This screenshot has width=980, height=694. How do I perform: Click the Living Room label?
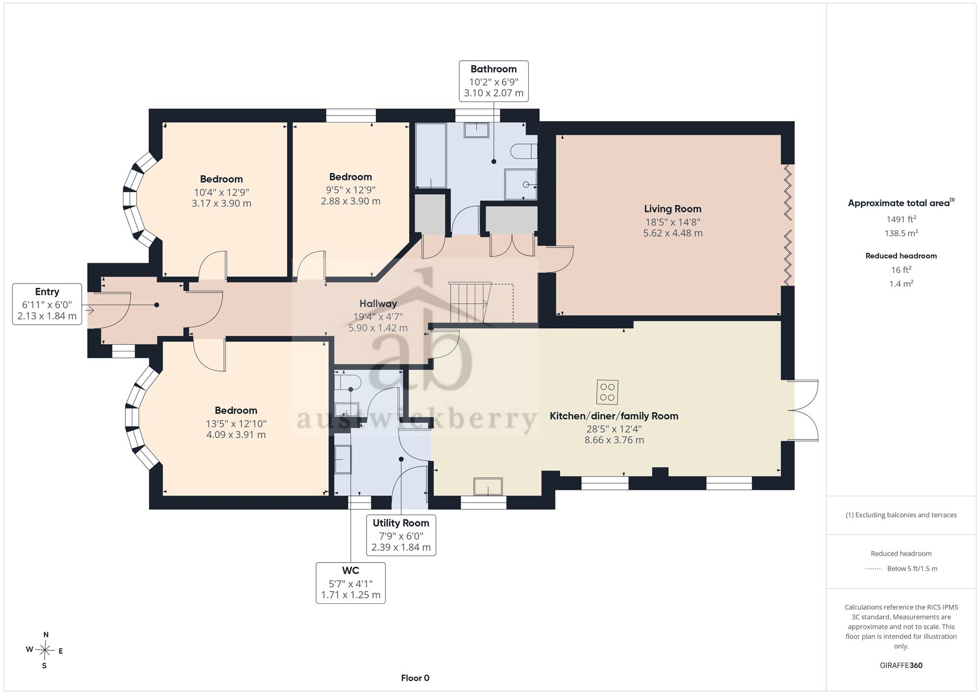coord(672,209)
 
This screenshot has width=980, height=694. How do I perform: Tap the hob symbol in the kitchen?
coord(607,392)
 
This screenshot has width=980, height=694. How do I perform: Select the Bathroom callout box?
coord(493,81)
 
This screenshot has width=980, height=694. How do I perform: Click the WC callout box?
coord(350,583)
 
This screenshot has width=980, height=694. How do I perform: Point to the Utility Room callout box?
coord(401,535)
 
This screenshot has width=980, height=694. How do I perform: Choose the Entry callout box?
coord(47,304)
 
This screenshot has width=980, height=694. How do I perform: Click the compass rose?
coord(45,650)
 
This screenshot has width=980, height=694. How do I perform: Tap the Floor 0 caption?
coord(415,678)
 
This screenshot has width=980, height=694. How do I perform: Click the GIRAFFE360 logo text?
coord(901,666)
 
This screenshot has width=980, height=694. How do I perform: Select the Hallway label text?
coord(378,304)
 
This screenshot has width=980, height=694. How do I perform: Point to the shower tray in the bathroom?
coord(521,184)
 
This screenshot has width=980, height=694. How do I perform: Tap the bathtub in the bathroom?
coord(431,155)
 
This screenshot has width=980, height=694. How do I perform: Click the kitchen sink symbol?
coord(488,487)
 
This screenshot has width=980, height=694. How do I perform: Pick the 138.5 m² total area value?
coord(901,233)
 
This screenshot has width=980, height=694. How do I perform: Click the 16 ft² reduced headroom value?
coord(901,270)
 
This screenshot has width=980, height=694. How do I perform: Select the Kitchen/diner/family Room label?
coord(614,416)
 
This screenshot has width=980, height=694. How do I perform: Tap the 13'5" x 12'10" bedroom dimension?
coord(236,424)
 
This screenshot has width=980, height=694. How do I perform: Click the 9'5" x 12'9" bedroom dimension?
coord(350,190)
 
